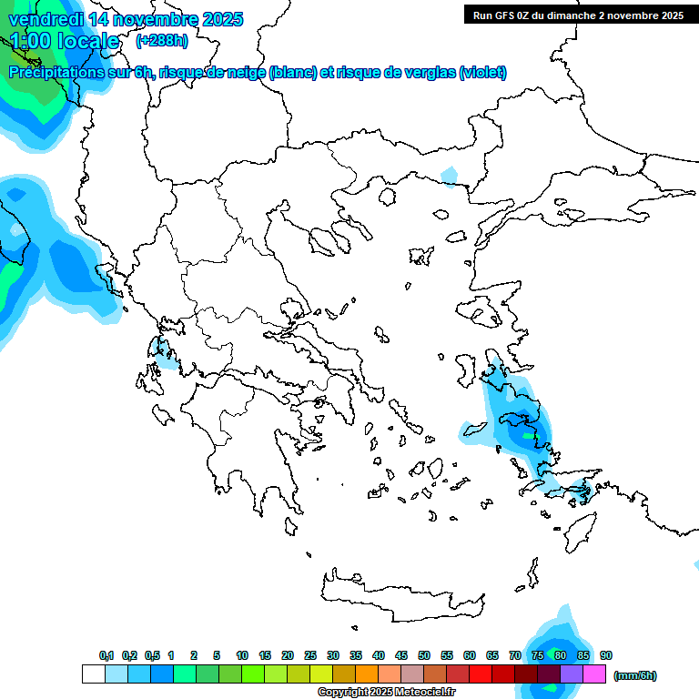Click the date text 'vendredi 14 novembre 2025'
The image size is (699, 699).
point(126,19)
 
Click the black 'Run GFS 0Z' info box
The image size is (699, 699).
point(578,15)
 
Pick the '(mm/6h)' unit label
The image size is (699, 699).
point(634,675)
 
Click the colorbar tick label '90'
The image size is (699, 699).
point(606,655)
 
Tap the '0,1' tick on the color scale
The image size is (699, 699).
point(106,655)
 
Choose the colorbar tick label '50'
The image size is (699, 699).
point(424,655)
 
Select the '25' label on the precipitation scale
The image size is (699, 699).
point(310,655)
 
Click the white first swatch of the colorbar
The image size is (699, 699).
point(93,674)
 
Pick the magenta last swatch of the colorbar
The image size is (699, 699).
point(594,674)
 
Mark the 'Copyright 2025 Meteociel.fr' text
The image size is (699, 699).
point(386,692)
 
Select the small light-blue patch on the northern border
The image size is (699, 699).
point(450,175)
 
